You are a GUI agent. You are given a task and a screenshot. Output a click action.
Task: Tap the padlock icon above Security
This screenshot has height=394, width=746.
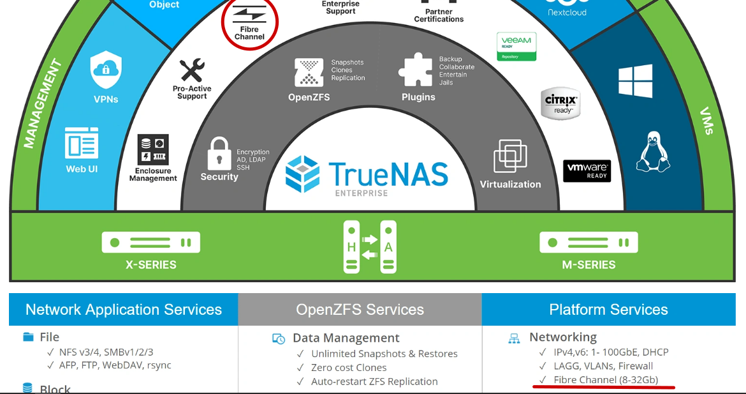click(219, 153)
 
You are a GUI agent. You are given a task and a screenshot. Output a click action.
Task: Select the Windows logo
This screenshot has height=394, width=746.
click(635, 81)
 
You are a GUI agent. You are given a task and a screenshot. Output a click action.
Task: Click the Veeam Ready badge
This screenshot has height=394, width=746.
click(516, 46)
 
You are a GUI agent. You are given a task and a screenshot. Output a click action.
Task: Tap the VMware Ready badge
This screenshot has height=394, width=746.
click(587, 170)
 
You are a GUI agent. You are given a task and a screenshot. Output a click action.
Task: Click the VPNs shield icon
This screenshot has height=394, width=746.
click(106, 70)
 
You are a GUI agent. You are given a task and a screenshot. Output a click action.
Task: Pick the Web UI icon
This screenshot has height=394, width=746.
click(82, 144)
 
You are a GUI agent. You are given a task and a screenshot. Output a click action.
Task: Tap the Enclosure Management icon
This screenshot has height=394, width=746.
click(153, 150)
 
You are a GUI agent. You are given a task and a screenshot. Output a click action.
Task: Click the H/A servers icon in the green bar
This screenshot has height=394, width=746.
click(370, 246)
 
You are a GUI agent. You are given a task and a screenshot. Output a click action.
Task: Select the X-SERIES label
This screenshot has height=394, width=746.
click(151, 264)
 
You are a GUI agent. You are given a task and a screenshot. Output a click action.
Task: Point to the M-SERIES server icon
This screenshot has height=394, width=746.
click(589, 243)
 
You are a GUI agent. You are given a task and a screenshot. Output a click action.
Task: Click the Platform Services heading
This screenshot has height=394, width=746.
click(608, 310)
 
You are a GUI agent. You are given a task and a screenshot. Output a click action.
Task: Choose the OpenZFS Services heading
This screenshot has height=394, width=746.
click(360, 310)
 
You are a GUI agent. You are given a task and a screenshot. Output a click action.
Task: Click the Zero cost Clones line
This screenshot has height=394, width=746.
click(349, 368)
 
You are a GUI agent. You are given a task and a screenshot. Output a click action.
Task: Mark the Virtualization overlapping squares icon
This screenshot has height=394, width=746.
click(510, 156)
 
